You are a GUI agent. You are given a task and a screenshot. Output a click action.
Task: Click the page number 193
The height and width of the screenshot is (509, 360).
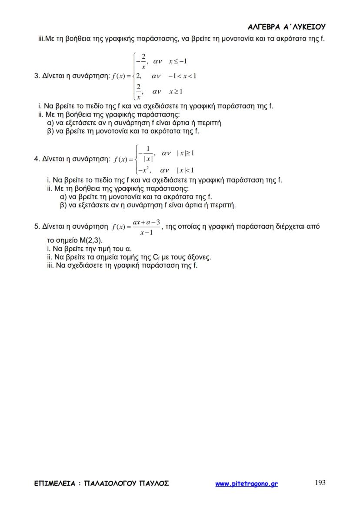[320, 482]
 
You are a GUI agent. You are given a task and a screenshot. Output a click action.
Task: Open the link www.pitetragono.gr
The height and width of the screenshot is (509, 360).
[247, 483]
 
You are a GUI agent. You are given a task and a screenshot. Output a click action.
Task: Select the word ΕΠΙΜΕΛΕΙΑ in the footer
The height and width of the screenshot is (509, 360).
[55, 483]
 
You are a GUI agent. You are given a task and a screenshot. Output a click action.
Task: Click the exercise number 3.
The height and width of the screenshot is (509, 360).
[36, 76]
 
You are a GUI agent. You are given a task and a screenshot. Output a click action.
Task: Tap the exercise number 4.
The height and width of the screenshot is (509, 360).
[36, 159]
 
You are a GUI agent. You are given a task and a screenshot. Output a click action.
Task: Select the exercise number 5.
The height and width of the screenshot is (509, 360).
[36, 226]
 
